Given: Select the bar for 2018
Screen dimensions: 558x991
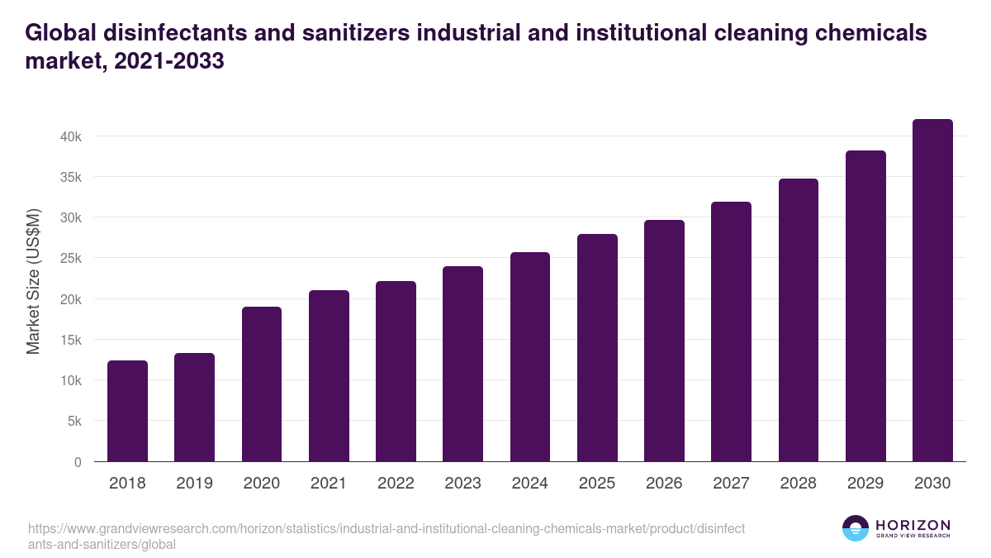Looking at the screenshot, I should [127, 411].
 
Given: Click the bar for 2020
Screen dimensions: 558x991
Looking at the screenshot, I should [262, 384].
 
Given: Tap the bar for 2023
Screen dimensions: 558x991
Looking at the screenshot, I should [462, 364].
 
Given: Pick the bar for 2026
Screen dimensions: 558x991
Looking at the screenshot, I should [664, 341].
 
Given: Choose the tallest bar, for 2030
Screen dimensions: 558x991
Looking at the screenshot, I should [932, 290].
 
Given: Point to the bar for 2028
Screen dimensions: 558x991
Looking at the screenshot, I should [798, 320].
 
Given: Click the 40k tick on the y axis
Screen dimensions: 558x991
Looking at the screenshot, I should [71, 136].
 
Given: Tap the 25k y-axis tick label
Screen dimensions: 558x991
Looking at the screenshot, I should [71, 259].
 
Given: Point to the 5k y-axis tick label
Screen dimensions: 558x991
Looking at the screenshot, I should [74, 422].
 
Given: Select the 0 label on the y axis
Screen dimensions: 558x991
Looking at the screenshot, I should [78, 462].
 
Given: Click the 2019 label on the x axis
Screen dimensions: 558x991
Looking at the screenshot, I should [194, 484].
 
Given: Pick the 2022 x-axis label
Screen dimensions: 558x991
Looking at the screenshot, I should [396, 484].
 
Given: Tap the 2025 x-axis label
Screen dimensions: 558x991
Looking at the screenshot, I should [597, 484].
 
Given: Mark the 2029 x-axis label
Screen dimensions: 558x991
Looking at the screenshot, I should [865, 484].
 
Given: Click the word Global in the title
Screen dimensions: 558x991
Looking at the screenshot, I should [62, 33].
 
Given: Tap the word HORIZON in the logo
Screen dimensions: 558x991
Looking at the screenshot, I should [913, 525].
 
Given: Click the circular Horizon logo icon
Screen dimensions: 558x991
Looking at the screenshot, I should [856, 528].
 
